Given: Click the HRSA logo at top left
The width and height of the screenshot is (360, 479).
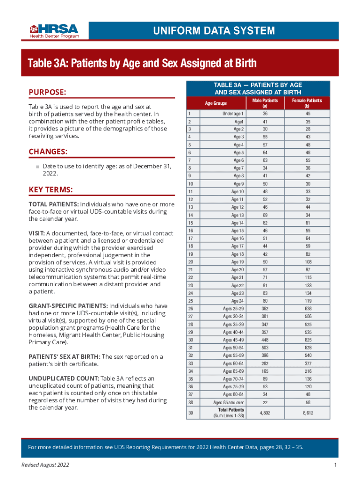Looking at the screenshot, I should pyautogui.click(x=55, y=30).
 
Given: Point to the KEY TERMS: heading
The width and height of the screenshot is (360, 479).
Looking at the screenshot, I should pyautogui.click(x=50, y=189).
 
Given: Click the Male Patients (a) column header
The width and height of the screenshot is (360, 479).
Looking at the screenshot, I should pyautogui.click(x=265, y=103).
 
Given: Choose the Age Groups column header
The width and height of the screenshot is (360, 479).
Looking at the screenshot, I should pyautogui.click(x=216, y=103).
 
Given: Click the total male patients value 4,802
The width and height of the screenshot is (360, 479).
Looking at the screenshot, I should pyautogui.click(x=265, y=413).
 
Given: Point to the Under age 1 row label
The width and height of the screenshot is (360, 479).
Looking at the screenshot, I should pyautogui.click(x=233, y=114).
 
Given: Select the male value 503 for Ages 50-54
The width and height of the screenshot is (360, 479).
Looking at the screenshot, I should pyautogui.click(x=265, y=348).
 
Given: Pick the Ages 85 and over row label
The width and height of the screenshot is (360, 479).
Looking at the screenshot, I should pyautogui.click(x=229, y=402).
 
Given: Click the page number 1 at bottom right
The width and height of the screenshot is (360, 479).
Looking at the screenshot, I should pyautogui.click(x=336, y=464).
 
